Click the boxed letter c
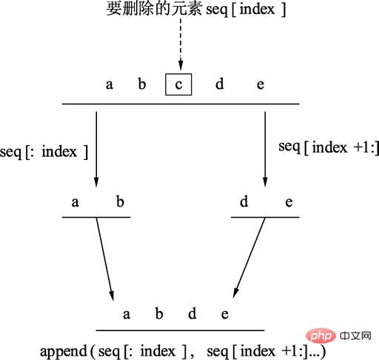point(178,84)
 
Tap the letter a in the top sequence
point(110,84)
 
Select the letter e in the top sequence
point(261,84)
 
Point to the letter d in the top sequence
point(220,84)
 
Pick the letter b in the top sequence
point(142,84)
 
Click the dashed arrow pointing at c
point(181,44)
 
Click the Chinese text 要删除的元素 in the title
point(154,9)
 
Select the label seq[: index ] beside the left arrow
point(44,152)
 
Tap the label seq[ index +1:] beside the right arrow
point(329,147)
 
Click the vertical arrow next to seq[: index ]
point(96,150)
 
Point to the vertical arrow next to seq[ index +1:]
point(265,150)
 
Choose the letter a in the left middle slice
point(76,202)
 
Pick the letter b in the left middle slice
point(120,201)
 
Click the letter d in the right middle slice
point(244,201)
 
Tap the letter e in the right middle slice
point(289,202)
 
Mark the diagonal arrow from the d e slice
point(249,258)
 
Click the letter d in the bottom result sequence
point(192,313)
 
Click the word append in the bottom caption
point(64,352)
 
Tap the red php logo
point(321,336)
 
